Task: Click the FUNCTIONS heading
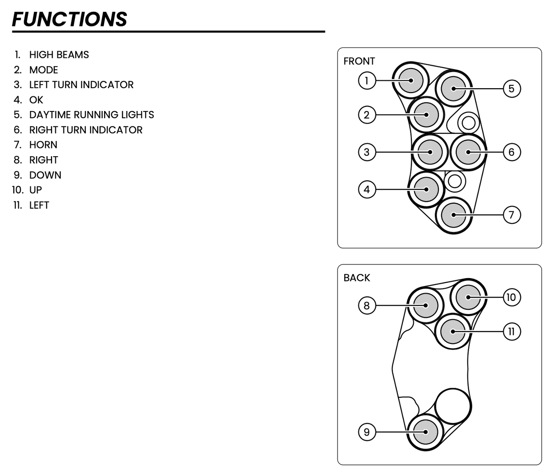[69, 19]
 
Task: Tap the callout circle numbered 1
[367, 80]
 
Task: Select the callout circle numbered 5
[511, 88]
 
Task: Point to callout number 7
[511, 215]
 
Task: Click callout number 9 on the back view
[367, 432]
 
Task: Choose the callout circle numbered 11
[511, 331]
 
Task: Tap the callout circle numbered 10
[511, 297]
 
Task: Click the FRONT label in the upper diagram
[359, 61]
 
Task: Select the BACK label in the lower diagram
[357, 278]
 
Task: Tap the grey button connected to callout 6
[468, 152]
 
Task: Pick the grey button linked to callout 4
[425, 189]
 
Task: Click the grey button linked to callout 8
[425, 306]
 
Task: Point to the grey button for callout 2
[425, 115]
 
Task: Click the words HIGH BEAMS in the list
[59, 55]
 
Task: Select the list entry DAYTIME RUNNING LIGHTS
[91, 115]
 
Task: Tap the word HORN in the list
[43, 145]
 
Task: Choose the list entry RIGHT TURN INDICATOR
[85, 130]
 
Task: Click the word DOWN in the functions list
[45, 175]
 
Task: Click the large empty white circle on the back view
[453, 406]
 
